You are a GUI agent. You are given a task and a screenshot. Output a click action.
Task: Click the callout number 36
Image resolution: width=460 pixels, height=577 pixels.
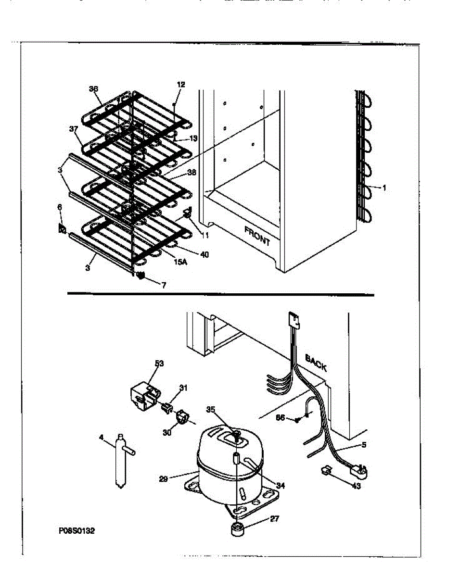point(93,88)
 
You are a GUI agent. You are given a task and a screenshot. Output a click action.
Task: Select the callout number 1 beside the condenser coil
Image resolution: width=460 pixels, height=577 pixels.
point(384,188)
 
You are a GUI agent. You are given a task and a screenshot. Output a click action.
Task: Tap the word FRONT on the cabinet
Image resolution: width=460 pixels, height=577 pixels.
point(257,236)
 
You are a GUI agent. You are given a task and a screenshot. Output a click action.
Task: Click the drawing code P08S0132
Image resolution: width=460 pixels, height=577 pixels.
point(77,532)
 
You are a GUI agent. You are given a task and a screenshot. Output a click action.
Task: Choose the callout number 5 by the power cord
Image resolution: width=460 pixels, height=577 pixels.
point(364,445)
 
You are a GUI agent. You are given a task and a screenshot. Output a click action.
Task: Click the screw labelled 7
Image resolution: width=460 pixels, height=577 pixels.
point(141,276)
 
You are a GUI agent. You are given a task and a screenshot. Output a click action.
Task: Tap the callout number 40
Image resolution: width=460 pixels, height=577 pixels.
point(204,254)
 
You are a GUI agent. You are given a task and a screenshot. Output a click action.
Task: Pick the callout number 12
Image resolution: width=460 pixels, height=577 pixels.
point(181,85)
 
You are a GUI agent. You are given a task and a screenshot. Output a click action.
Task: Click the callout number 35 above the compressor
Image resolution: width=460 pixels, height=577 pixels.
point(210,410)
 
